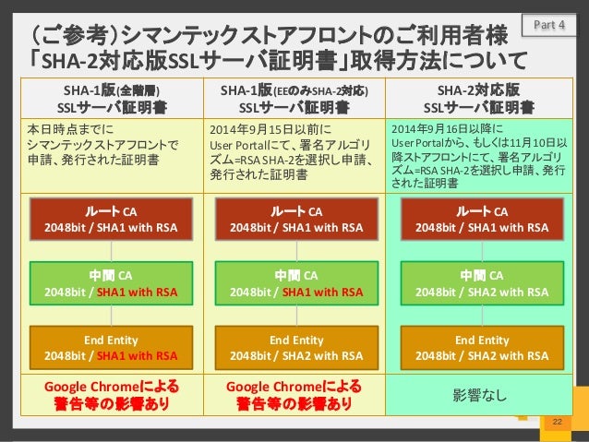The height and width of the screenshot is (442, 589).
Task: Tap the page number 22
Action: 556,422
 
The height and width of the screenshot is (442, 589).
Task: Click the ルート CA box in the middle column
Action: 294,218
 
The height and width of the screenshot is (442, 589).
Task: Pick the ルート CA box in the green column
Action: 481,218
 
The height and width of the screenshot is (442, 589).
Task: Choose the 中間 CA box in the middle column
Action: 294,283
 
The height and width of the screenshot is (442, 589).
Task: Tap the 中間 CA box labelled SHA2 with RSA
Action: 481,283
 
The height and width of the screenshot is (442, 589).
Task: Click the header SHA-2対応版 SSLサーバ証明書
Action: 481,98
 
